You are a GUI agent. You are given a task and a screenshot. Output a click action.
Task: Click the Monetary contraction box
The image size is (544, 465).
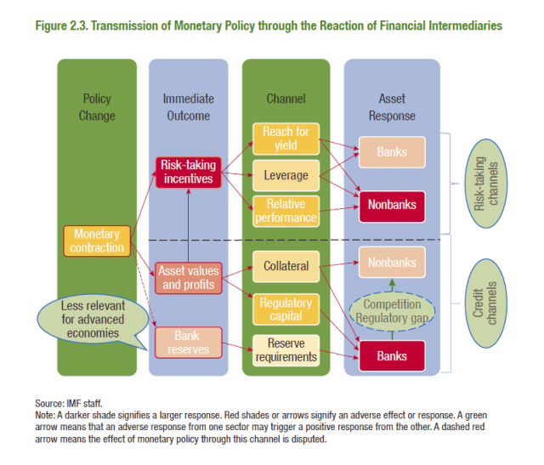[97, 241]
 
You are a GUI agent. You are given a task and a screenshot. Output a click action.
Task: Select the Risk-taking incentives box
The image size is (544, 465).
[189, 172]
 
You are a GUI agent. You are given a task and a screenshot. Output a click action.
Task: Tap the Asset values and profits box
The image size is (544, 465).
[189, 277]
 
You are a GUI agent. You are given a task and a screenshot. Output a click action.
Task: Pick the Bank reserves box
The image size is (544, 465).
[187, 343]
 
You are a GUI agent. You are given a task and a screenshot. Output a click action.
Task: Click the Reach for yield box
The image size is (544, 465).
[286, 139]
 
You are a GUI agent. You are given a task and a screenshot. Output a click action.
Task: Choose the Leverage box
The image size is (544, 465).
[286, 176]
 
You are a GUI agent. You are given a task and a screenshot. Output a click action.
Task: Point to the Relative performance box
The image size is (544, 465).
[286, 211]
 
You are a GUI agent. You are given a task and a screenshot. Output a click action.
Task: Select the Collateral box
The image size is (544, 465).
[286, 266]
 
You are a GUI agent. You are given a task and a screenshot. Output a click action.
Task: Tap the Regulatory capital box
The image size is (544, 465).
[286, 309]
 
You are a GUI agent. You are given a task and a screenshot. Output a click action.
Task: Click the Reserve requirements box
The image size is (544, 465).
[286, 349]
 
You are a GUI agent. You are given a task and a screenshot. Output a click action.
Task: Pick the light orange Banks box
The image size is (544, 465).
[392, 153]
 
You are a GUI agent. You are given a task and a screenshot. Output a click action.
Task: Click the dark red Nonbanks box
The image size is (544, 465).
[392, 204]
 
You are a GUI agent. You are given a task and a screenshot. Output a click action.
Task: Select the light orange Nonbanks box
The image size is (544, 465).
[392, 263]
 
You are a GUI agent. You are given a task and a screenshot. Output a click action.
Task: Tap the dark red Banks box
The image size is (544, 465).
[392, 355]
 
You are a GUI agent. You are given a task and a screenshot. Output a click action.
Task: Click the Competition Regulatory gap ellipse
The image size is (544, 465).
[392, 311]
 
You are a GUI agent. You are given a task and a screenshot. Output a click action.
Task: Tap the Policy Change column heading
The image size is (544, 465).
[97, 107]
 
